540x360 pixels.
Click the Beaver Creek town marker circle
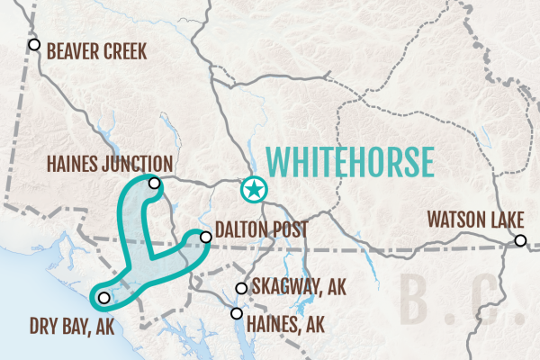[x=34, y=44]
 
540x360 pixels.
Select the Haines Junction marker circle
[x=155, y=184]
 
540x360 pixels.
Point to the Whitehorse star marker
[x=255, y=190]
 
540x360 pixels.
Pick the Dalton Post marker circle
[x=206, y=238]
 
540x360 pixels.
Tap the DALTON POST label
[x=262, y=230]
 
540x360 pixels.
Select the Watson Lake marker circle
[x=520, y=240]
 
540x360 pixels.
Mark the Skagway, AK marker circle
[x=240, y=289]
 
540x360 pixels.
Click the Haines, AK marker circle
[x=237, y=314]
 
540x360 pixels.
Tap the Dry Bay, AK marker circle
[x=103, y=298]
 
